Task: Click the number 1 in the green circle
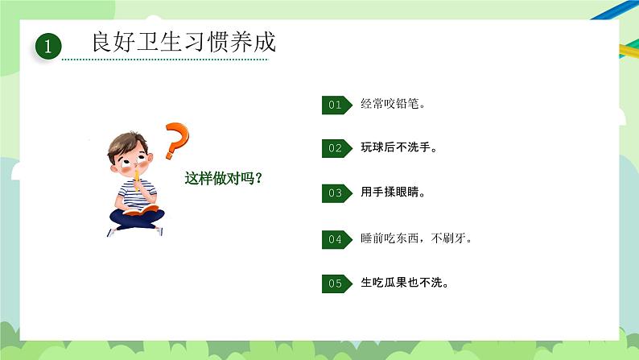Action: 48,48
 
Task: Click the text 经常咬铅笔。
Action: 393,104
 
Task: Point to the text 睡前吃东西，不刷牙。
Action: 416,238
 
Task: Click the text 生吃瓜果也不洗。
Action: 405,283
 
